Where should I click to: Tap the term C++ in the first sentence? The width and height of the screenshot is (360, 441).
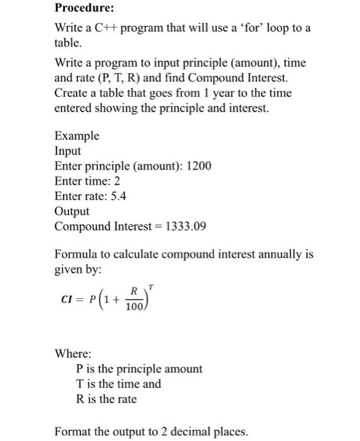tap(103, 29)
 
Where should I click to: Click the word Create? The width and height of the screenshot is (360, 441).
tap(72, 93)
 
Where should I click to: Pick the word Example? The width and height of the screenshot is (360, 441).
tap(77, 136)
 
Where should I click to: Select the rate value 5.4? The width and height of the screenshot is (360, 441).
tap(118, 196)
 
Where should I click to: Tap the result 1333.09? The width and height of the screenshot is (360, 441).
tap(185, 226)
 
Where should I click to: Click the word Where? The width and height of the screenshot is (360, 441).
tap(73, 353)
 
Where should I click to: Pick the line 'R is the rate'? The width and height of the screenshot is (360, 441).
tap(106, 399)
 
